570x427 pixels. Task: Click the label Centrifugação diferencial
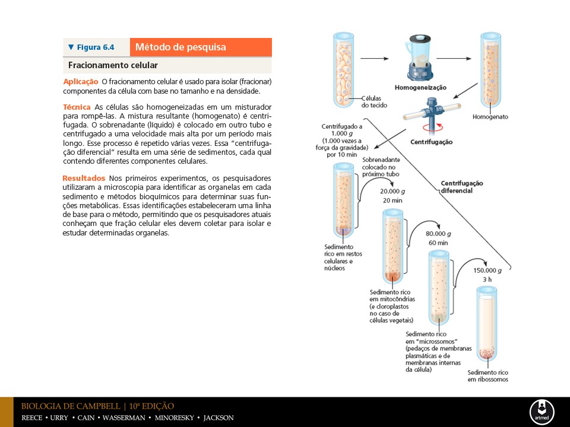click(462, 187)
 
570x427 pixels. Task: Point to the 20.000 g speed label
click(392, 192)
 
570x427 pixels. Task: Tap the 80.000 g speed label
click(437, 234)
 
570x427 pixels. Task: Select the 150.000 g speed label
click(487, 270)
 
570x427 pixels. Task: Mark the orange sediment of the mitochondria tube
click(394, 275)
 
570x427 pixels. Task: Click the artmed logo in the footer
click(541, 412)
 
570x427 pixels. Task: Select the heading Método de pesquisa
click(180, 47)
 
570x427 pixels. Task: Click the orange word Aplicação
click(80, 81)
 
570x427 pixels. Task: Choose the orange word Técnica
click(77, 107)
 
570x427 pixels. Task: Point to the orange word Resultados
click(84, 178)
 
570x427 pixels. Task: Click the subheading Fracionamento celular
click(113, 65)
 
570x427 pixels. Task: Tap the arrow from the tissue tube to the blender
click(375, 59)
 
